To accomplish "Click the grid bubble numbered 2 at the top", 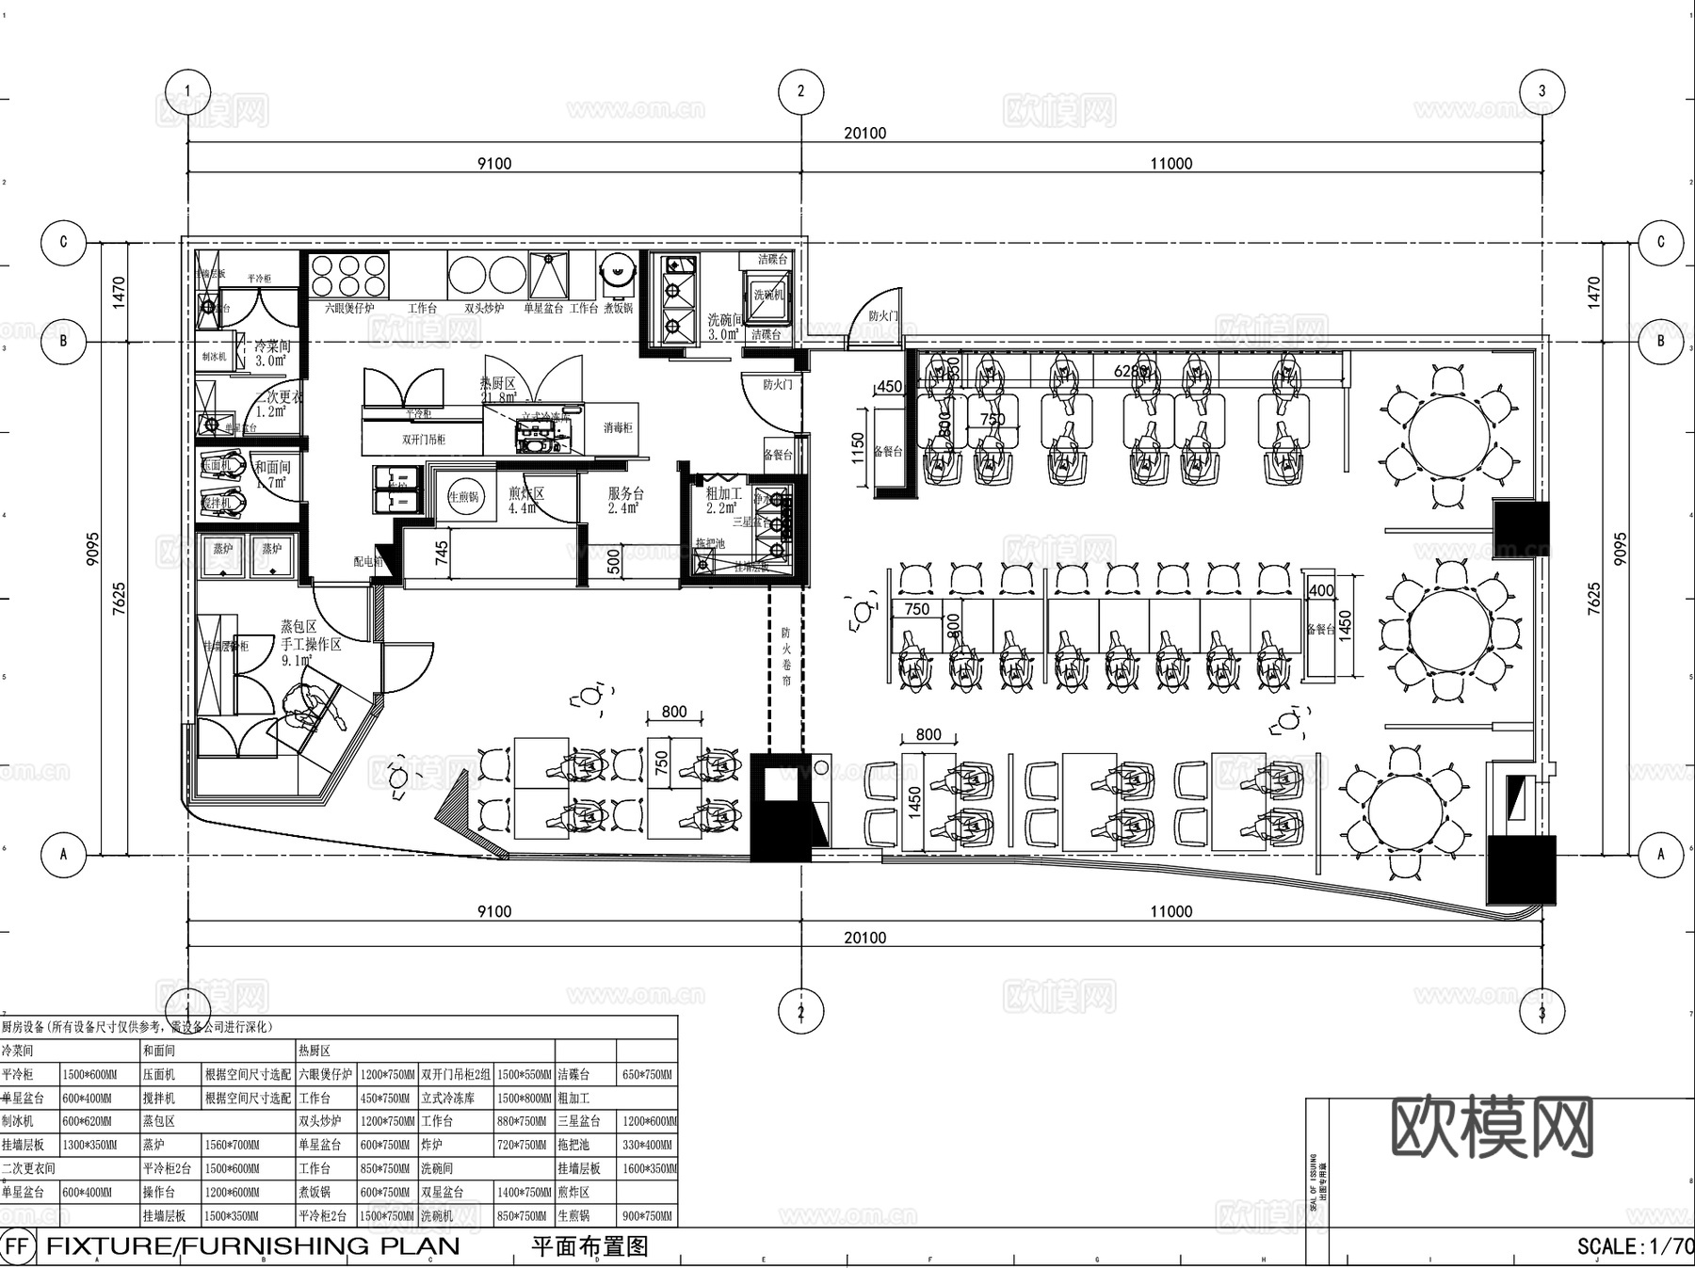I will [x=800, y=91].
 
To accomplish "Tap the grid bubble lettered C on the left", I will [x=63, y=242].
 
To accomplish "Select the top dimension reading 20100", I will [x=864, y=134].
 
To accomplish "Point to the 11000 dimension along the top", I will [x=1170, y=164].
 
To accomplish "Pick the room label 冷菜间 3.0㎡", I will [x=272, y=353].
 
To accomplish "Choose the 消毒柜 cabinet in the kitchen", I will [x=618, y=427].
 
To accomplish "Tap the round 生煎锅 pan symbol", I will [x=463, y=497].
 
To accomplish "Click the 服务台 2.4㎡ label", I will [x=625, y=500].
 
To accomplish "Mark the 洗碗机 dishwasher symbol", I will [x=767, y=295].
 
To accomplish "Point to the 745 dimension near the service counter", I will [x=442, y=552].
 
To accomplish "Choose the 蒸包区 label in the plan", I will [x=298, y=626].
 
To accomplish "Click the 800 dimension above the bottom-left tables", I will [x=674, y=712].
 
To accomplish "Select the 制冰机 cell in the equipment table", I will [x=18, y=1122].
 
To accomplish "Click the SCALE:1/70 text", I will [x=1635, y=1246].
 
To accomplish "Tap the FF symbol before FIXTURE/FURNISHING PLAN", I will [x=17, y=1246].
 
